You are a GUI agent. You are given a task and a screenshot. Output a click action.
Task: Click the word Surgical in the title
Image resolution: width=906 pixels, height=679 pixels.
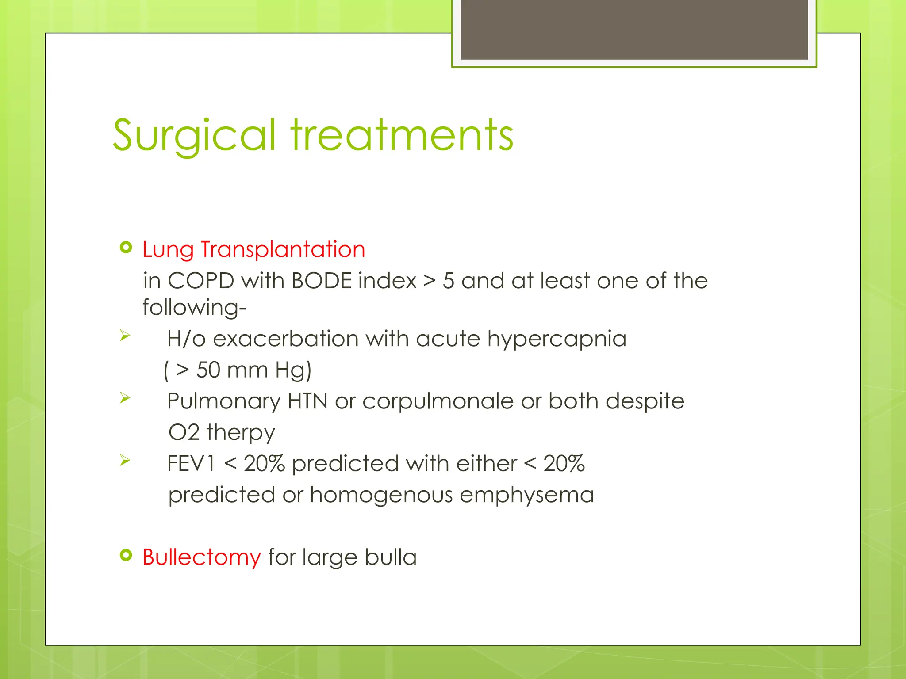(195, 135)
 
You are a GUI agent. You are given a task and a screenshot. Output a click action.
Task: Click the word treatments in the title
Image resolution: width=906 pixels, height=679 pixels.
(402, 135)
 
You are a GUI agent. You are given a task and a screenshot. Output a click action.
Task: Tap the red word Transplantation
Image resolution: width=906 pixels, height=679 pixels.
(283, 249)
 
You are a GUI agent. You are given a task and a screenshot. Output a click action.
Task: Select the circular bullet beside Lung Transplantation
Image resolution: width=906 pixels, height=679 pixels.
(126, 248)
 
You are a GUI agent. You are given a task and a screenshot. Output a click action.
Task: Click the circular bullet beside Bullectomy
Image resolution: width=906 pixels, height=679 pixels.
(126, 555)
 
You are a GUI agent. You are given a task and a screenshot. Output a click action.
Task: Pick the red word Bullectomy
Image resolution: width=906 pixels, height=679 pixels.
(202, 557)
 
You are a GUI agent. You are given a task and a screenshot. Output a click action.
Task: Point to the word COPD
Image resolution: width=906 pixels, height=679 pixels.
(201, 281)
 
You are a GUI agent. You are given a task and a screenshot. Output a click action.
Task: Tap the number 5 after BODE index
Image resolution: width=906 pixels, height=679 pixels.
(449, 281)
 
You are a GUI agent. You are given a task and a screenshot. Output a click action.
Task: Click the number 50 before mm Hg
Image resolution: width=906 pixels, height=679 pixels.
(208, 370)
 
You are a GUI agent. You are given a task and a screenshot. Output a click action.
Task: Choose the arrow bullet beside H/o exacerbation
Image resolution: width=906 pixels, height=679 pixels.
(125, 336)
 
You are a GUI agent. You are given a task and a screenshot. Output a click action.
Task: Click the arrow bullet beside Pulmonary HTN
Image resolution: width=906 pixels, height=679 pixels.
(125, 398)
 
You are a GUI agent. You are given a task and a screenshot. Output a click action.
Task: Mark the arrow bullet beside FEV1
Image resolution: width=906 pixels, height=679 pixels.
(125, 461)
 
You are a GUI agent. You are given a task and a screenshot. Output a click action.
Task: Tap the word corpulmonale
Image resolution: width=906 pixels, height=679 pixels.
(438, 401)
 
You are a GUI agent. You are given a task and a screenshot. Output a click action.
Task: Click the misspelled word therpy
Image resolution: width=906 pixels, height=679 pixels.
(241, 432)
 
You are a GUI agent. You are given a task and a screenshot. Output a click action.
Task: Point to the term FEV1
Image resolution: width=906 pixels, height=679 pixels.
(191, 464)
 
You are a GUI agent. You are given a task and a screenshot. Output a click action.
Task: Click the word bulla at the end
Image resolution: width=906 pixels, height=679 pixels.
(391, 557)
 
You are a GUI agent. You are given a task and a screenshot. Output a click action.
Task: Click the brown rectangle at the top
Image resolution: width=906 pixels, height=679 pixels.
(634, 30)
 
